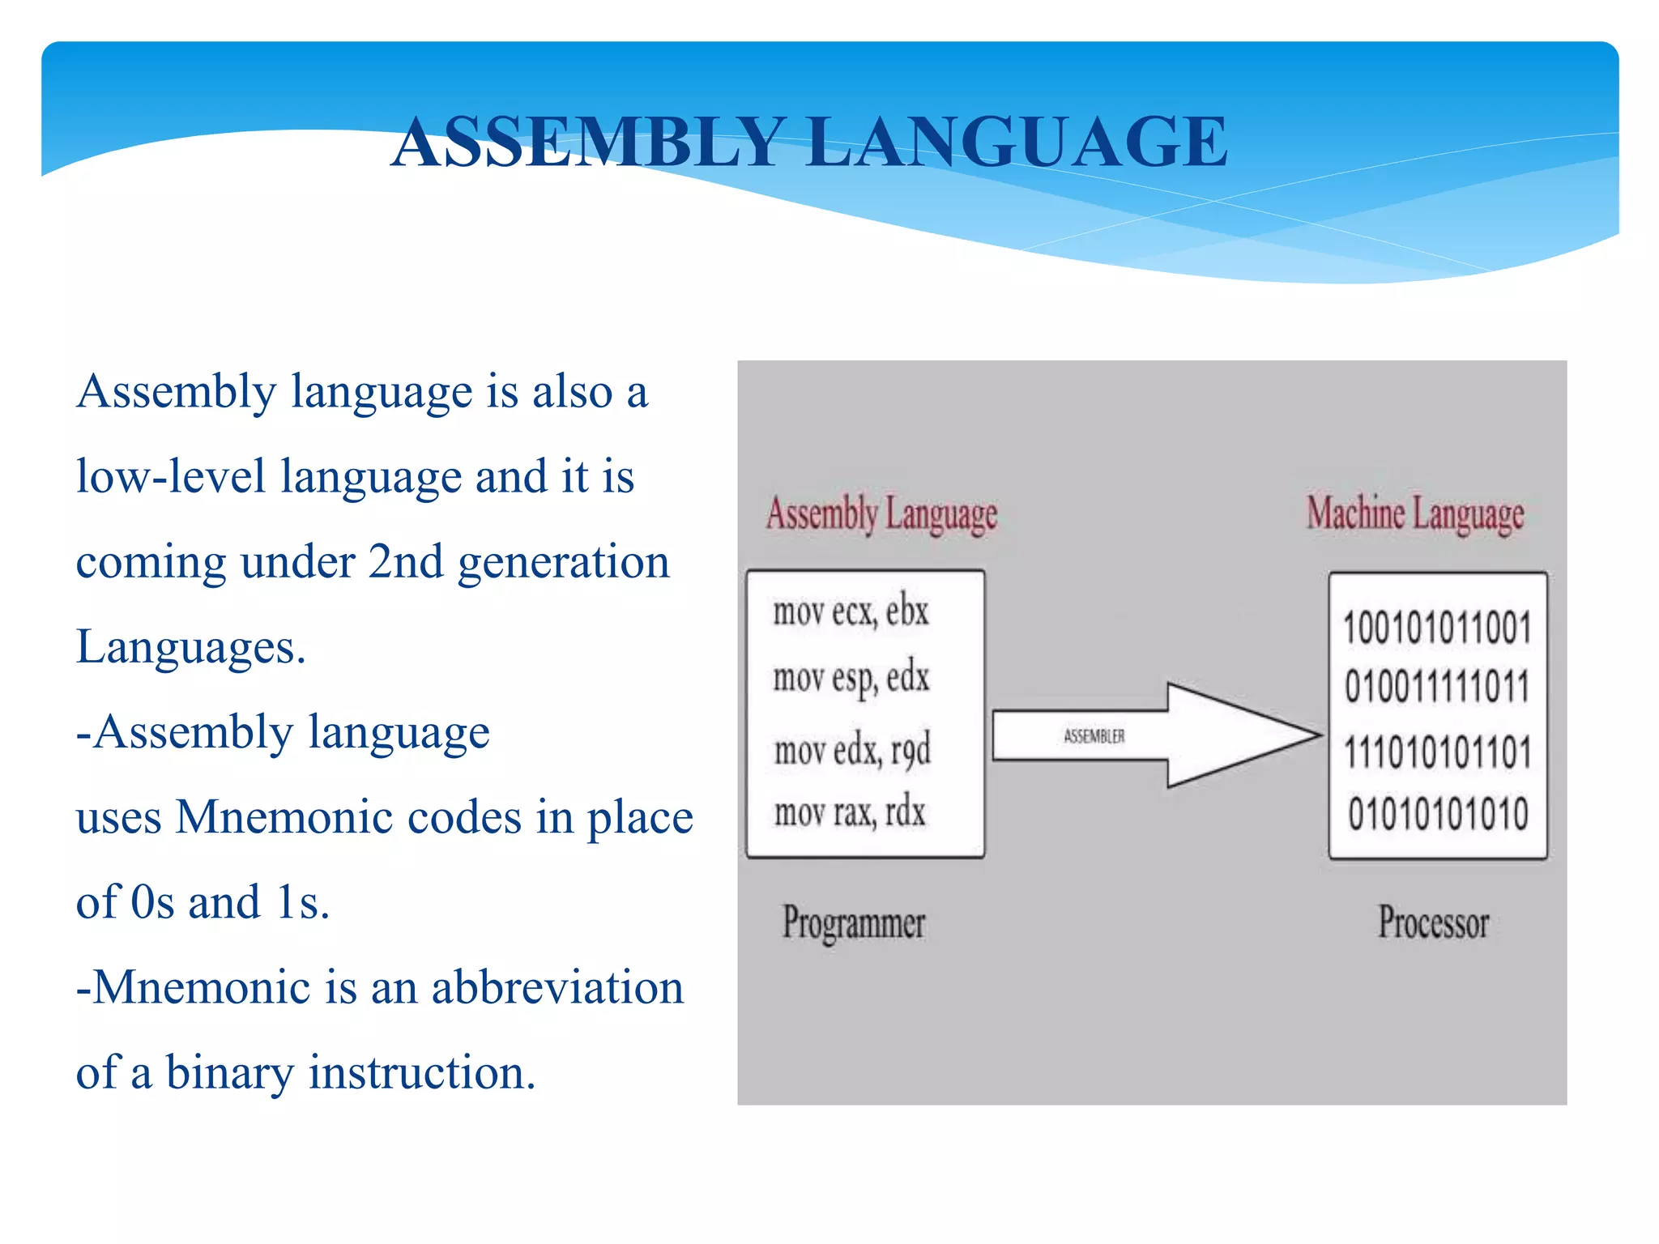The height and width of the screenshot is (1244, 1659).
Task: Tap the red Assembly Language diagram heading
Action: coord(881,513)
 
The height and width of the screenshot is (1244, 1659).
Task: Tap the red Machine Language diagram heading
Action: coord(1414,513)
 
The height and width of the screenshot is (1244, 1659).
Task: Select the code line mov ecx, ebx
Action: coord(850,611)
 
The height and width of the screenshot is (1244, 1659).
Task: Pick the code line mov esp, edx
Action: coord(851,679)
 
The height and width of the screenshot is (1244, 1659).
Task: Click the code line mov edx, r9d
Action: coord(851,750)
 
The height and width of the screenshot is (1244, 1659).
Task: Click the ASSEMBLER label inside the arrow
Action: coord(1094,736)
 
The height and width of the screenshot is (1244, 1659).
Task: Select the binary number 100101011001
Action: coord(1437,628)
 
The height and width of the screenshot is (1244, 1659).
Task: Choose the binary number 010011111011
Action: coord(1437,687)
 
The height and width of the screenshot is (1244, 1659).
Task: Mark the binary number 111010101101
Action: coord(1437,752)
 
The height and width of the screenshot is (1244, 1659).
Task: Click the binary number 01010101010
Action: coord(1437,814)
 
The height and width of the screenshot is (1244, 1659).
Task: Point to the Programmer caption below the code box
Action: coord(853,922)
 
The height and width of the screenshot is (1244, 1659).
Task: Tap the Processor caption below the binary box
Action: coord(1433,922)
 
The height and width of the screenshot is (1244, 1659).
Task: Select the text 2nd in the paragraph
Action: coord(405,562)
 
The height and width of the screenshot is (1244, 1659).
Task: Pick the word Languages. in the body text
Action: coord(190,648)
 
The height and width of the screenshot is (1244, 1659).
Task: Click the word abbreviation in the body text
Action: coord(557,987)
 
